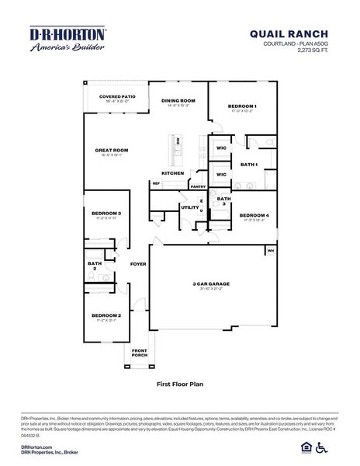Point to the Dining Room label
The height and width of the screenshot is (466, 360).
(178, 101)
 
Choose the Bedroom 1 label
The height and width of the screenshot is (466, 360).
(242, 106)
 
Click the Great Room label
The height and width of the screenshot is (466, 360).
(111, 151)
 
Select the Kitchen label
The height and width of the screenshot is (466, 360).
(172, 172)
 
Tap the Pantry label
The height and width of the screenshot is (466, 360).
(198, 186)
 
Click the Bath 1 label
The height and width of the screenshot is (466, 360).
(248, 165)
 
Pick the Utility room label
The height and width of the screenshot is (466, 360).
(189, 207)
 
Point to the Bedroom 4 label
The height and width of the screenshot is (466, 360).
(254, 215)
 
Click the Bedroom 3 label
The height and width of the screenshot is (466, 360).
(106, 213)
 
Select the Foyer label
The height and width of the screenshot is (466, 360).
(138, 264)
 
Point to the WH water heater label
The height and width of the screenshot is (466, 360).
(271, 251)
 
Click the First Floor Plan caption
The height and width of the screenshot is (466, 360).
(179, 383)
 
